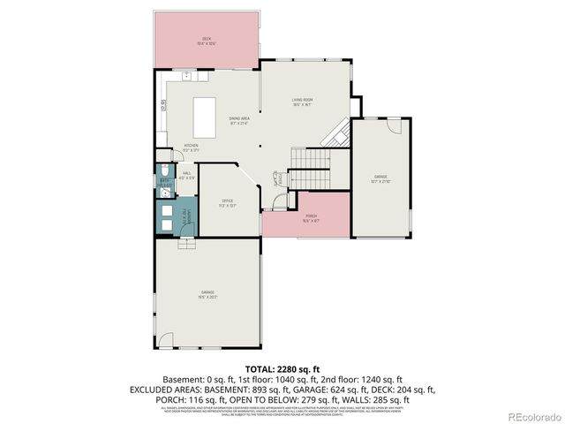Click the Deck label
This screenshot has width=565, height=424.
[x=207, y=41]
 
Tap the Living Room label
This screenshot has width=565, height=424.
[x=303, y=102]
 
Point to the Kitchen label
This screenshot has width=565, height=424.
[x=191, y=147]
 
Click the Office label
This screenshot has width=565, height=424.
[x=227, y=203]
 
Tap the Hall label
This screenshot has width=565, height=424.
[x=186, y=176]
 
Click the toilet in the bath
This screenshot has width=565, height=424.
[x=165, y=170]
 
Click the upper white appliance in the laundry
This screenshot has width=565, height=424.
[x=166, y=211]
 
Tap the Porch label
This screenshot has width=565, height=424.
[x=311, y=217]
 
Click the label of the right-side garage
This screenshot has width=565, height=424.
[x=380, y=179]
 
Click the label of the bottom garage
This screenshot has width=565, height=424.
[x=208, y=293]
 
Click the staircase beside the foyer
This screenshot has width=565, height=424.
[x=310, y=159]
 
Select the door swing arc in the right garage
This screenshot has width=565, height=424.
[x=395, y=126]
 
